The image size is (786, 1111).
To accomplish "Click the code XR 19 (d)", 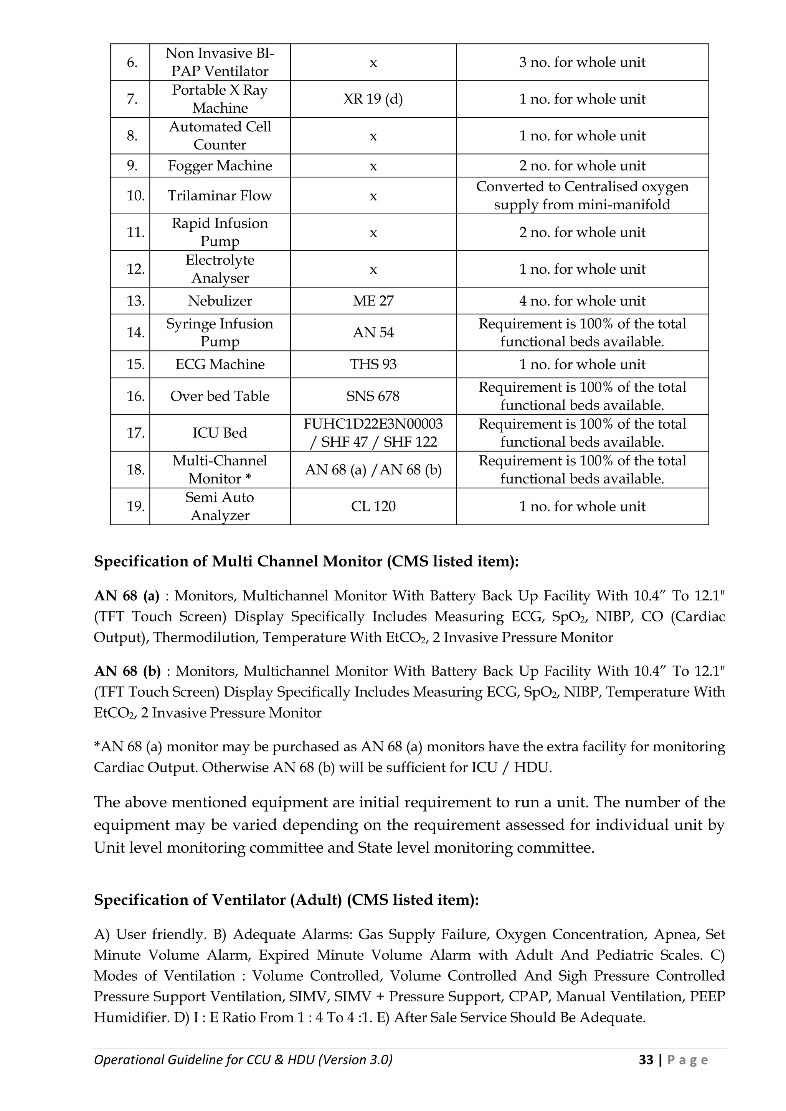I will coord(373,99).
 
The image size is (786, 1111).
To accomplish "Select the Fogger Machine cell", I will coord(220,166).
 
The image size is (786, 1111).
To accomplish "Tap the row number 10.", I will coord(135,196).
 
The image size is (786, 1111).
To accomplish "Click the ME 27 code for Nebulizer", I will coord(373,301).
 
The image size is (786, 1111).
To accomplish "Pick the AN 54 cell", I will coord(373,332).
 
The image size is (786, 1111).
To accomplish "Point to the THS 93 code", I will coord(373,364).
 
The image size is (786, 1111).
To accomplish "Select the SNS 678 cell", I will coord(373,396).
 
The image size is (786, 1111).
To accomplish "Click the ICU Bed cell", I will coord(220,432).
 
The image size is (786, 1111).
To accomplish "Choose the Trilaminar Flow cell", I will coord(220,196).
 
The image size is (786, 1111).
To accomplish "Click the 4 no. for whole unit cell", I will coord(582,301).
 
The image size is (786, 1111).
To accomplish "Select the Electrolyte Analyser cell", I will coord(220,269).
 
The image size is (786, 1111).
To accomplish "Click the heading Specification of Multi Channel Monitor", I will coord(306,561).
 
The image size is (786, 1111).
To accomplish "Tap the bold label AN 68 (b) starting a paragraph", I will coord(127,671).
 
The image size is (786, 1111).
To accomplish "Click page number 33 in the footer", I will coord(646,1060).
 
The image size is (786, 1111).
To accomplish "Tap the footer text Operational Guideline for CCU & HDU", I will coord(243,1060).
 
